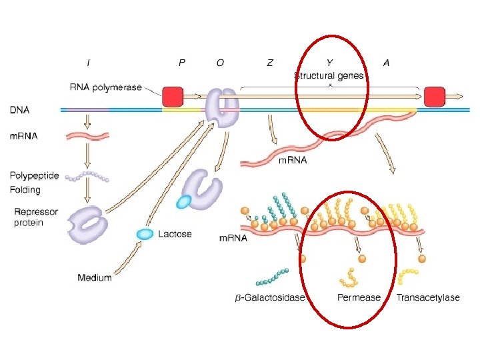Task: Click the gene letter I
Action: (89, 63)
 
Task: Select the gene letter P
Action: (182, 63)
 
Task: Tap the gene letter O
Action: (220, 63)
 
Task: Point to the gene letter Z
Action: (270, 63)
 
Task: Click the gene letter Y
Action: (329, 63)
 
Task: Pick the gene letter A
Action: (386, 63)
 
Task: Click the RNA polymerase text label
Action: (105, 86)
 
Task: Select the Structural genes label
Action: (329, 76)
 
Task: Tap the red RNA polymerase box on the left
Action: (173, 96)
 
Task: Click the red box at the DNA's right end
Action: (435, 96)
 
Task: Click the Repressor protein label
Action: (36, 217)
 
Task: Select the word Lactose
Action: (175, 234)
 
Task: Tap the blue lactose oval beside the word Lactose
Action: (145, 233)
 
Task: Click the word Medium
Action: (94, 277)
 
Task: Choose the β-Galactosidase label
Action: (269, 297)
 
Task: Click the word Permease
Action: (359, 297)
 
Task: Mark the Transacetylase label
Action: (427, 297)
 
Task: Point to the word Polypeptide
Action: (34, 176)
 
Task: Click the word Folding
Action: (25, 190)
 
